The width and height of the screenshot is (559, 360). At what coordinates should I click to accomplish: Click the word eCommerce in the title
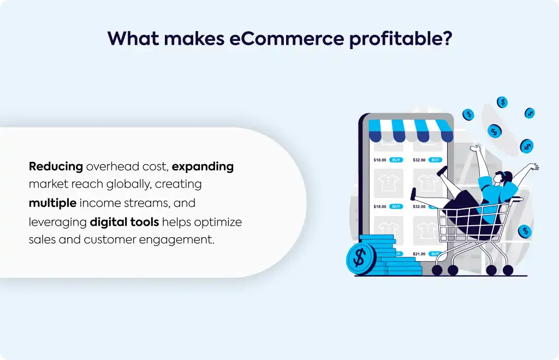point(286,38)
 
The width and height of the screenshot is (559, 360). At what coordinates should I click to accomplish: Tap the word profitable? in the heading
point(401,39)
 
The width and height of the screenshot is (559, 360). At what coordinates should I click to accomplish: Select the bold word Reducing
point(56,167)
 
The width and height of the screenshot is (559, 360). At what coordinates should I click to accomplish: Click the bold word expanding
point(203,167)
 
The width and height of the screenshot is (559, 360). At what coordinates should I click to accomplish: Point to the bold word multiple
point(53,203)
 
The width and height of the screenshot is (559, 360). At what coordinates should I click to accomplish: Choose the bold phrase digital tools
point(124,222)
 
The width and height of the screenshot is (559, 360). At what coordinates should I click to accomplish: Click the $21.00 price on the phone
point(419,254)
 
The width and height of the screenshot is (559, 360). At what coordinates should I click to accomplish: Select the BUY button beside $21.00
point(435,254)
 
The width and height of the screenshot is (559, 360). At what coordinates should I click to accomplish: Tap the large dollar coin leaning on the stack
point(360,258)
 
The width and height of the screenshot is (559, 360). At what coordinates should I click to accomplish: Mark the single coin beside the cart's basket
point(525,231)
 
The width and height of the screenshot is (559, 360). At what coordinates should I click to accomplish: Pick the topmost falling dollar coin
point(502,102)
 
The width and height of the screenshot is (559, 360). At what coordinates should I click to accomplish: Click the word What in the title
point(133,38)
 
